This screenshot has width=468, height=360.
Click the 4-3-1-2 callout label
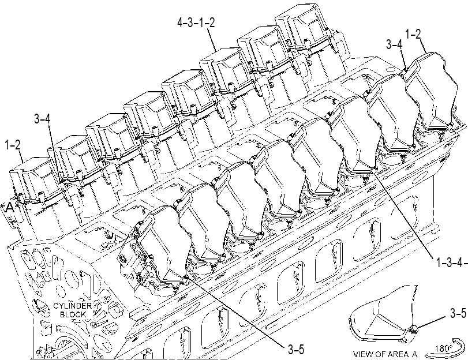click(196, 23)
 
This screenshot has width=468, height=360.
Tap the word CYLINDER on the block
click(72, 306)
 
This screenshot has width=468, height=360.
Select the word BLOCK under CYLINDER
click(73, 314)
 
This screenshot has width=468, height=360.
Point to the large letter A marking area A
click(10, 207)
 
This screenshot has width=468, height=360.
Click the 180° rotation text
click(443, 348)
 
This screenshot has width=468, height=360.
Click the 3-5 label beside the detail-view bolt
click(458, 313)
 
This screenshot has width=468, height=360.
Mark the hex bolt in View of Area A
click(414, 329)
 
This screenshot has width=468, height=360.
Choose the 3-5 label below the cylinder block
click(296, 349)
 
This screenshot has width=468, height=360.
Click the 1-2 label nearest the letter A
click(13, 145)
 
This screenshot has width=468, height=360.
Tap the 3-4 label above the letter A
click(42, 119)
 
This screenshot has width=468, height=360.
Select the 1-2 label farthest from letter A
click(413, 35)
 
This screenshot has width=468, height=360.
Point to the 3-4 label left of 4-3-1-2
click(394, 44)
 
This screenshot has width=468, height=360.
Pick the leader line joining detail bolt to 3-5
click(433, 321)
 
